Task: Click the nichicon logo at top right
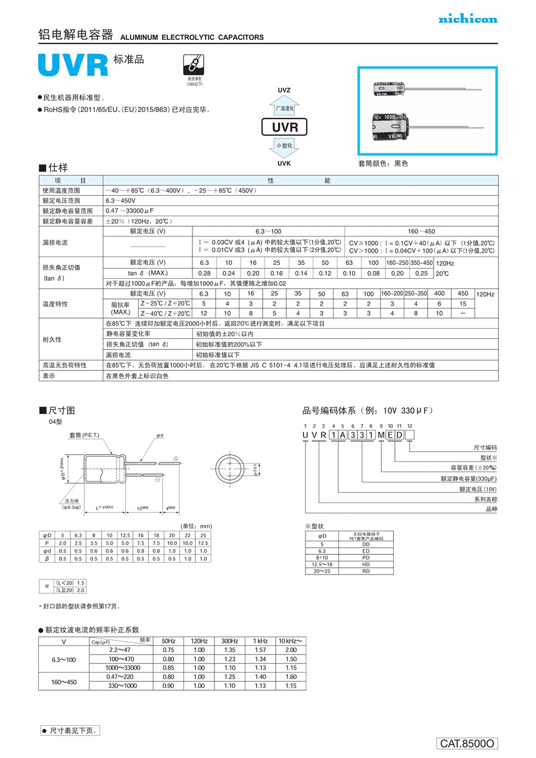point(468,19)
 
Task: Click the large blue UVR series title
point(73,65)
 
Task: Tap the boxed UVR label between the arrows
point(284,127)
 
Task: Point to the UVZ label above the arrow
point(284,90)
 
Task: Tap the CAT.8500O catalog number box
point(468,744)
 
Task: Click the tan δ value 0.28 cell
point(204,273)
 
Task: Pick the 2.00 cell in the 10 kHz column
point(291,650)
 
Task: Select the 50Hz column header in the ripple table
point(169,641)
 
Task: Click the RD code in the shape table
point(366,570)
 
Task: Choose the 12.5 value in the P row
point(203,543)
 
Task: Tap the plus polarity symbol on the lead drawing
point(176,458)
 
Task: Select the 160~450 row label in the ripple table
point(64,681)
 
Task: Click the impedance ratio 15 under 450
point(463,304)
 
